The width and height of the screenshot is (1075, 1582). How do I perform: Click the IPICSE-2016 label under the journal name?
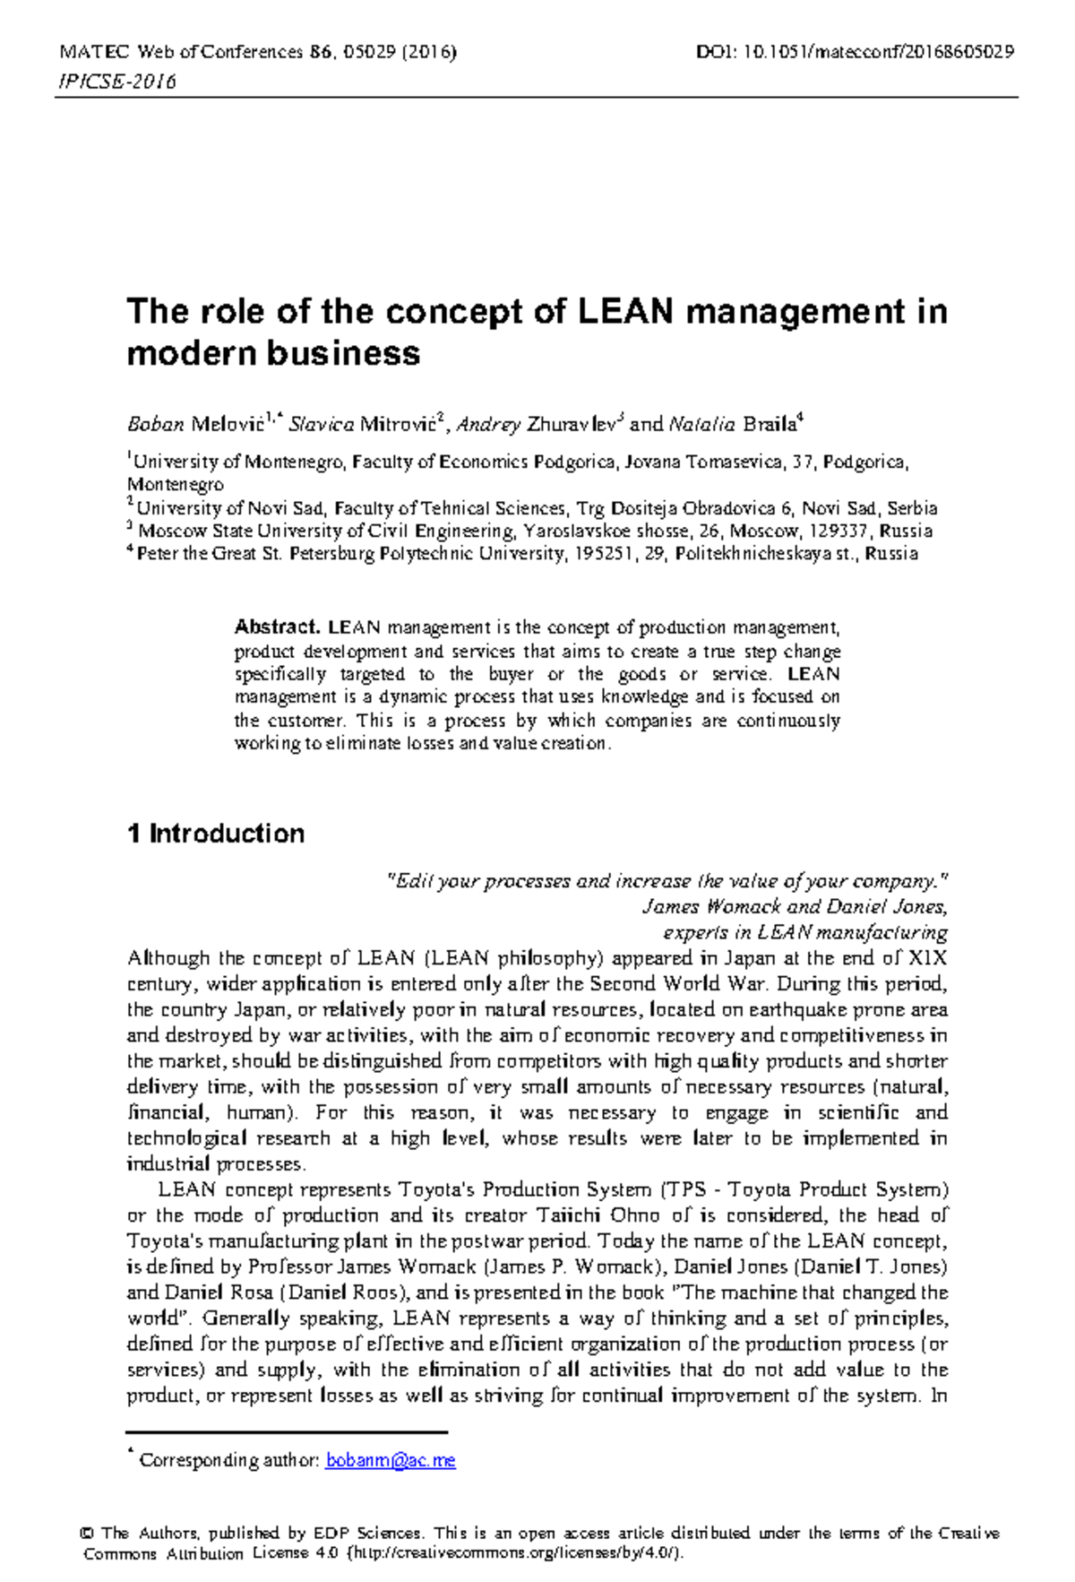116,82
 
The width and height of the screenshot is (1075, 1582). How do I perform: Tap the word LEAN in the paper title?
624,312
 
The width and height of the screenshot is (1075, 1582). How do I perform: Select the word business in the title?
343,353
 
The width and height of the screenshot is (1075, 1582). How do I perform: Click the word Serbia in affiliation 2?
912,508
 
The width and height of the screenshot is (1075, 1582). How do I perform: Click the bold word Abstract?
276,627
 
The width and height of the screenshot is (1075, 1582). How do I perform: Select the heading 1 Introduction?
216,834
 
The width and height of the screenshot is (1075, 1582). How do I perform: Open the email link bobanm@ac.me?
391,1461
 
